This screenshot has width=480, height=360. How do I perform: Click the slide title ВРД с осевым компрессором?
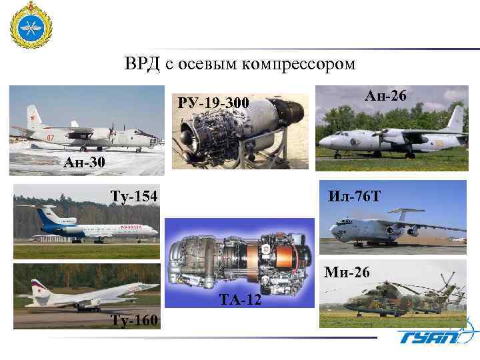[240, 65]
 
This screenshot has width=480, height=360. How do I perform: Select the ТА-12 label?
[241, 302]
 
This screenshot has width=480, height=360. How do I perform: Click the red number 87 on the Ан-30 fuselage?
[50, 138]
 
